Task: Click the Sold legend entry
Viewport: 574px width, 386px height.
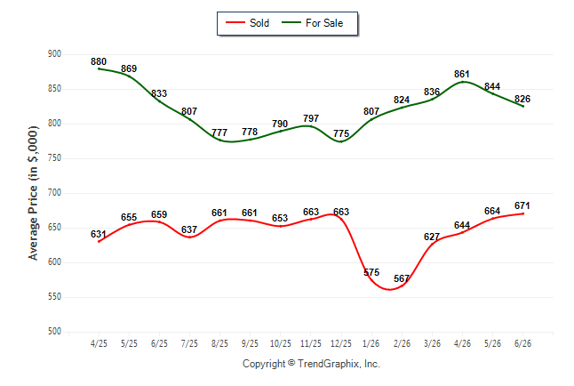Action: pos(248,23)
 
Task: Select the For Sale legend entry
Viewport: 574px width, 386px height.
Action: pos(312,23)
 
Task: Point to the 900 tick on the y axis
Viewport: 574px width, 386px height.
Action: pos(54,54)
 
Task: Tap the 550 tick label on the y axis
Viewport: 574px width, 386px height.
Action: pos(54,296)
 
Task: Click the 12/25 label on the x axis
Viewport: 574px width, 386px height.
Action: pos(341,343)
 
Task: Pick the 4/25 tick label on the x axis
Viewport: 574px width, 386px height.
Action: pos(99,343)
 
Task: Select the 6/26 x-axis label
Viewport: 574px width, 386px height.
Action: pos(522,343)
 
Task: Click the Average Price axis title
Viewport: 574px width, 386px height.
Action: pos(33,193)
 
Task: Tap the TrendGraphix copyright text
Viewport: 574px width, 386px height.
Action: pos(311,364)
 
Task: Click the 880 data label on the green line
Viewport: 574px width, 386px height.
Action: pos(99,61)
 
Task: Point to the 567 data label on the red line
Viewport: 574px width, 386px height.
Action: pos(402,278)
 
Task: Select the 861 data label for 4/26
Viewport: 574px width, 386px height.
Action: pos(462,74)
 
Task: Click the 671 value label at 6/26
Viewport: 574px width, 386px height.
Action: pos(522,205)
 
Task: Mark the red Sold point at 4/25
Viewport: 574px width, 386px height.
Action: pos(99,242)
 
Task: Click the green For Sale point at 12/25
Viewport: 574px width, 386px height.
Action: pos(341,142)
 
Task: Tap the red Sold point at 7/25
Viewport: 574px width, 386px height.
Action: pos(189,237)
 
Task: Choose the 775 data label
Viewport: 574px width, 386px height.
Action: pos(341,133)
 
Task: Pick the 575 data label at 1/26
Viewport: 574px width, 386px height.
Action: pos(371,272)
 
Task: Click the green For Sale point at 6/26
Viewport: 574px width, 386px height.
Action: pos(522,107)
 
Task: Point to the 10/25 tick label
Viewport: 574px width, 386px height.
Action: pos(281,343)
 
